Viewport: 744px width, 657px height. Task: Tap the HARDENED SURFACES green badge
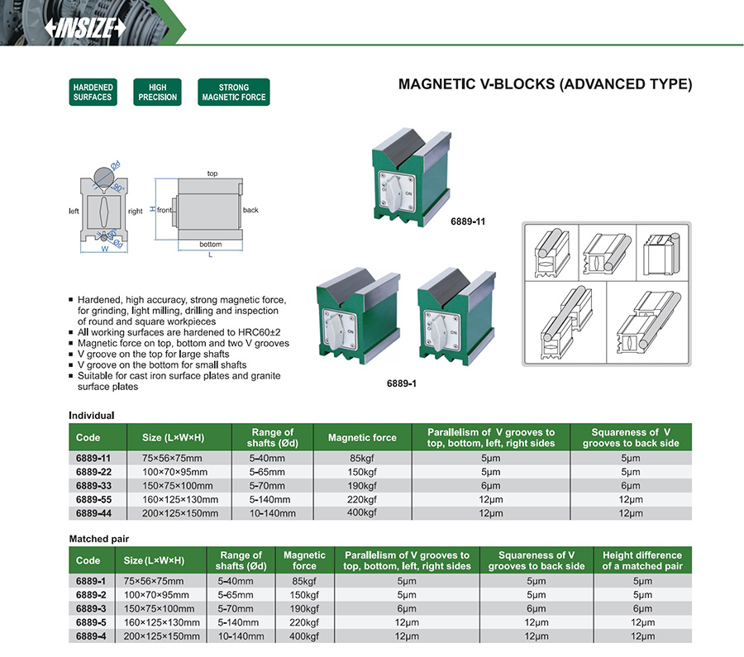92,92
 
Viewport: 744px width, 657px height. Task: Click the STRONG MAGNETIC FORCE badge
234,92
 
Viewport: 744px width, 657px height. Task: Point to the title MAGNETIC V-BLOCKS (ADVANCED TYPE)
545,84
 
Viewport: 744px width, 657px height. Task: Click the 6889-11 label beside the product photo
467,222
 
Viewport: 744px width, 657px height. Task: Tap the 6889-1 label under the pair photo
402,384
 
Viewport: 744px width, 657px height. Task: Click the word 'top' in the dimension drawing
212,174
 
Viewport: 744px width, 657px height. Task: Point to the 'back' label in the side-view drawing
250,210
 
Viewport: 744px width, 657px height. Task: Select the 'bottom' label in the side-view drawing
211,245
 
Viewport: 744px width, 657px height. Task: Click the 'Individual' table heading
91,415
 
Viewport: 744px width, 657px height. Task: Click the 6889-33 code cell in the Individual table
93,486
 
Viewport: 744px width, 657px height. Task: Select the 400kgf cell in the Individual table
362,513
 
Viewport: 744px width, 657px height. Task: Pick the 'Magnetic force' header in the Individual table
362,437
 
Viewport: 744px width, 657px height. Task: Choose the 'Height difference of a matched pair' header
641,560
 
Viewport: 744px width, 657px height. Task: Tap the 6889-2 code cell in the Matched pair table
91,595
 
